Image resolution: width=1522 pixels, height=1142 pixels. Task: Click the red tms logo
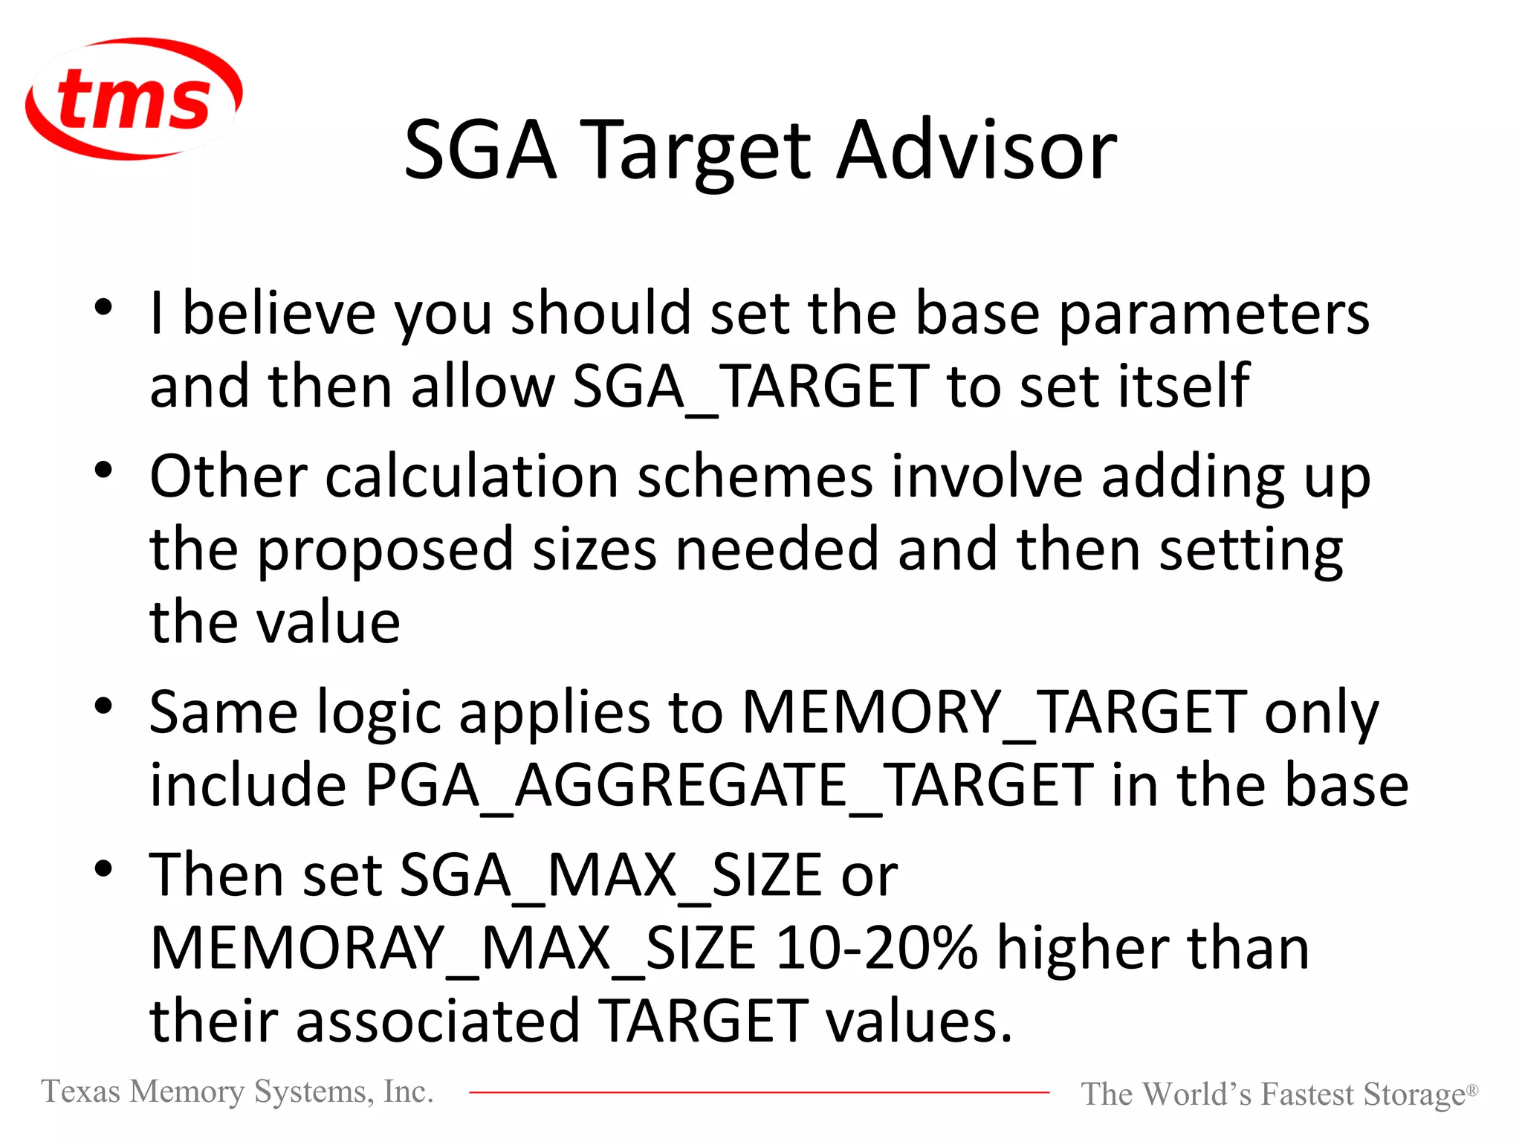tap(134, 99)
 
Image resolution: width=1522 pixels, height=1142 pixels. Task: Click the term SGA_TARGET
tap(751, 387)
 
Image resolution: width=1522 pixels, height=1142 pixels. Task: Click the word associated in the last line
tap(438, 1021)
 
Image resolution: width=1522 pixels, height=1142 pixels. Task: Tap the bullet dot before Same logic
tap(103, 706)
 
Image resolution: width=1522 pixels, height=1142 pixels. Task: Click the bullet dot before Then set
tap(103, 868)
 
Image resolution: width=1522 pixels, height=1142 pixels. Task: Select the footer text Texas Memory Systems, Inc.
tap(237, 1091)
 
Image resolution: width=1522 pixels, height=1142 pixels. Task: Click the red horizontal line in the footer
tap(758, 1092)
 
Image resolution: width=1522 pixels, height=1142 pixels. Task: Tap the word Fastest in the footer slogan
tap(1307, 1094)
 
